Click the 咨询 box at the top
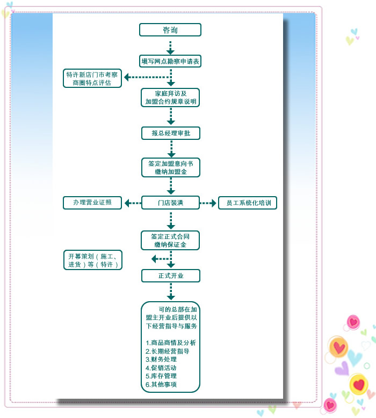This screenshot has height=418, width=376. pos(170,30)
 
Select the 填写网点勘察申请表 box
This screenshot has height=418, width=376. pos(170,62)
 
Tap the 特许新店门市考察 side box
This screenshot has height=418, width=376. pos(92,79)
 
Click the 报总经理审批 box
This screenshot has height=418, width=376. pos(170,133)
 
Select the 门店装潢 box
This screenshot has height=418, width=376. pos(170,203)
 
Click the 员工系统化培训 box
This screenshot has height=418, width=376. pos(248,203)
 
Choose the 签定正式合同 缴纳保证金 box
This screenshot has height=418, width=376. pos(170,240)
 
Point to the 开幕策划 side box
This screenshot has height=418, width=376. pos(92,260)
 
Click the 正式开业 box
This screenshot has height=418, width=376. pos(170,275)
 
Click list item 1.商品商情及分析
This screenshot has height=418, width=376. pos(171,342)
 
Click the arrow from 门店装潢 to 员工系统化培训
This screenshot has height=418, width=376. pos(208,203)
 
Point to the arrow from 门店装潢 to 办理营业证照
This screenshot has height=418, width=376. pos(132,203)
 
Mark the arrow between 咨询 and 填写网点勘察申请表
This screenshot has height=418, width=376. pos(171,47)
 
